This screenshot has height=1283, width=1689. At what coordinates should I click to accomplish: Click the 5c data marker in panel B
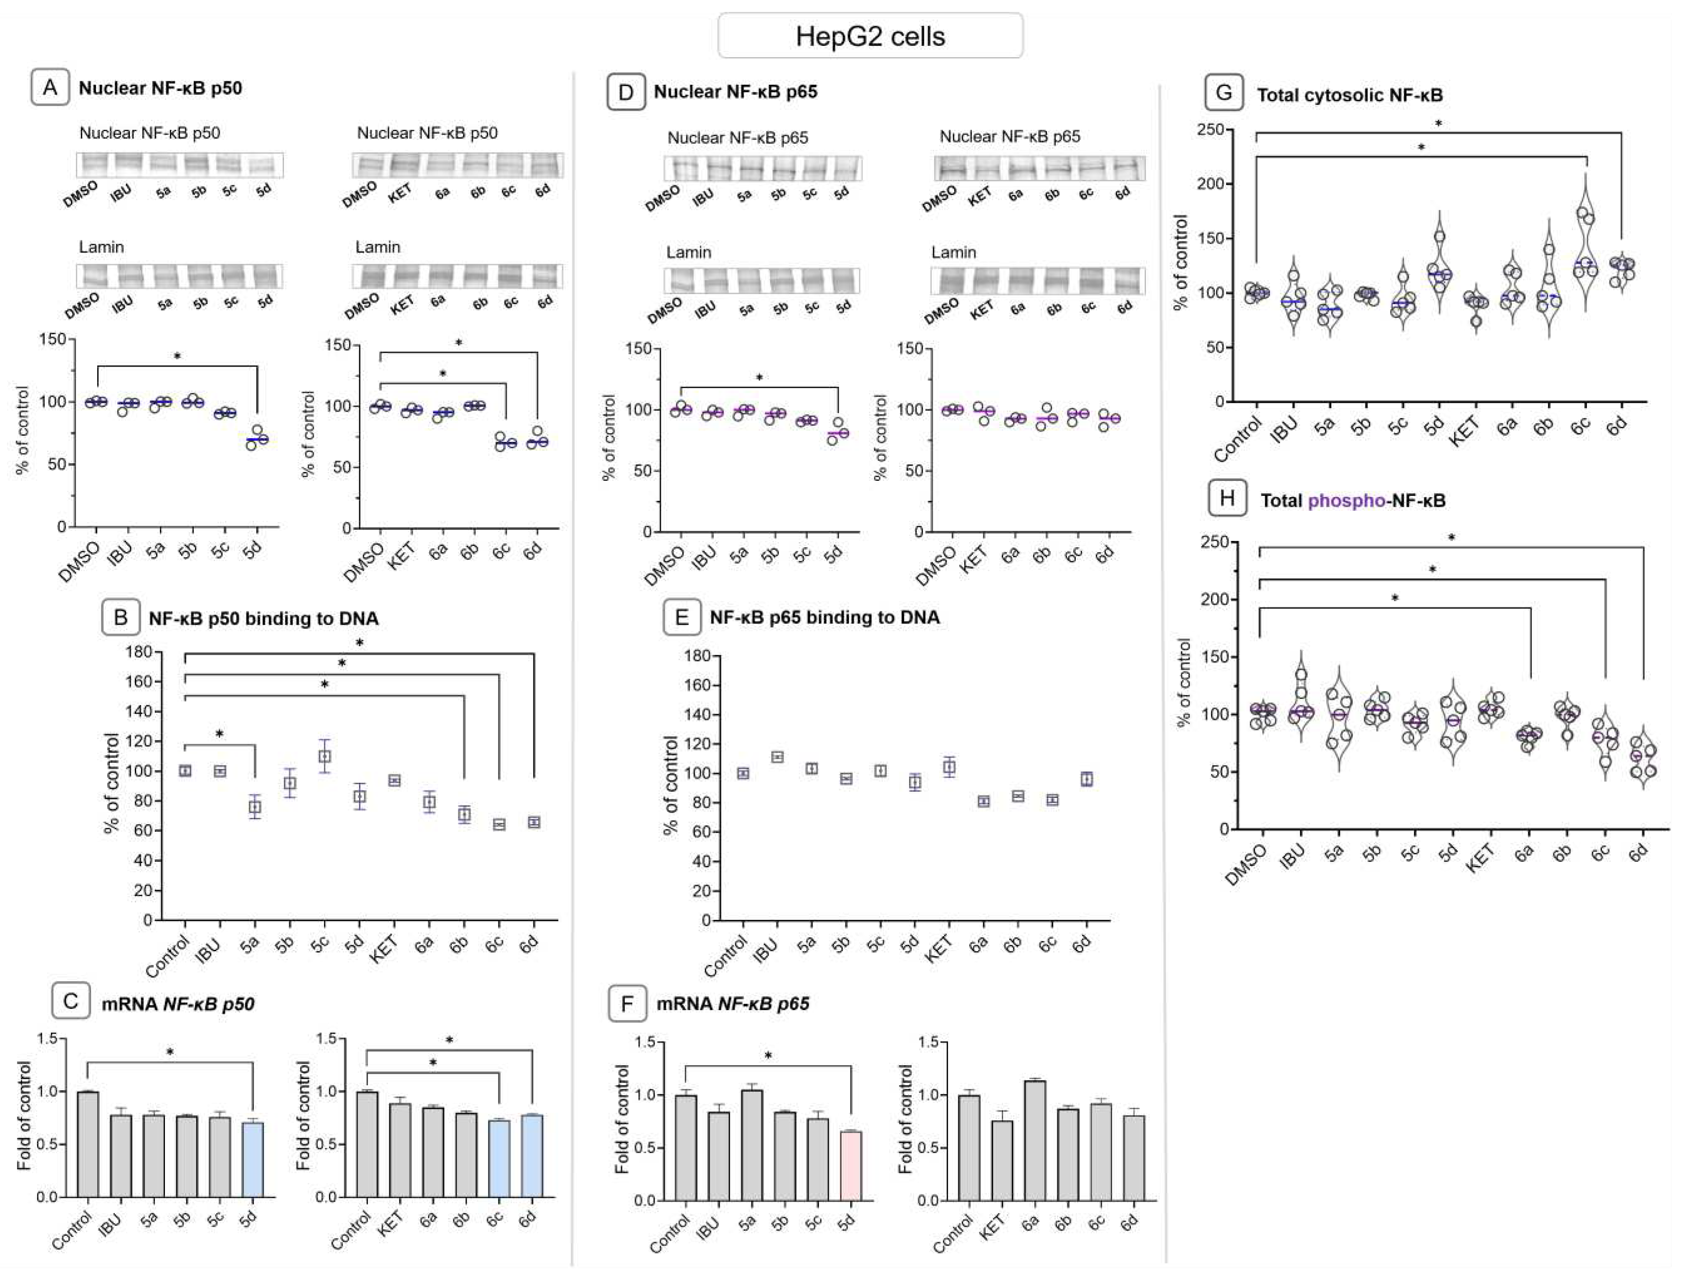pos(325,756)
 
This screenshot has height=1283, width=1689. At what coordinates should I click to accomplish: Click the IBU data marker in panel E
pos(777,757)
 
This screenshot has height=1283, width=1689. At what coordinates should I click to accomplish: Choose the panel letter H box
pos(1227,500)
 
